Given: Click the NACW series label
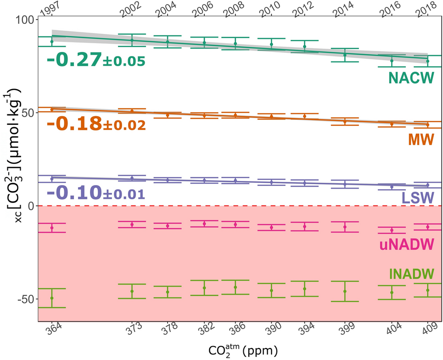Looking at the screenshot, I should click(411, 79).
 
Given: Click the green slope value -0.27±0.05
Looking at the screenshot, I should click(96, 60).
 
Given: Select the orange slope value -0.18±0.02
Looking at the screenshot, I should click(96, 124).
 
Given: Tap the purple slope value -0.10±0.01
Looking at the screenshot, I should click(96, 192).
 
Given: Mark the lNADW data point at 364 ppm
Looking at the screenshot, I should click(52, 298).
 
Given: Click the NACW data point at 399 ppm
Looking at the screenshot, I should click(345, 55).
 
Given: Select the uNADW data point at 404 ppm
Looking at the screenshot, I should click(392, 230).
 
